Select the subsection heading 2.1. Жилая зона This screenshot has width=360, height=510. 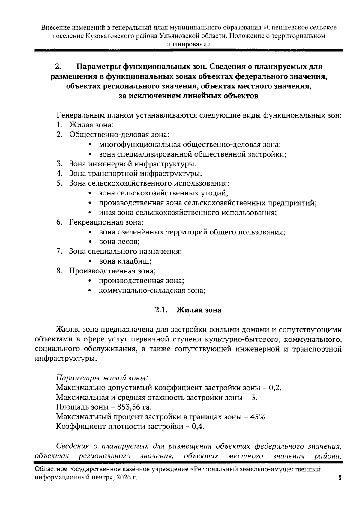188,310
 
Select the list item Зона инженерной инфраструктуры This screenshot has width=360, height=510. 133,164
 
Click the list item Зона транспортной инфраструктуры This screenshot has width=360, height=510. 135,174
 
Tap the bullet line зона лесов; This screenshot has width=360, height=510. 120,242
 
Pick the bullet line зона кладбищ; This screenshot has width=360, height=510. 125,261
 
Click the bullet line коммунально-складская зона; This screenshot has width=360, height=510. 152,290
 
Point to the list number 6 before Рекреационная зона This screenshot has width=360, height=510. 59,222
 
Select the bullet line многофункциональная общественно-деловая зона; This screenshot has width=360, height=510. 190,145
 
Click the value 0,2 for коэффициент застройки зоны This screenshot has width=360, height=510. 274,388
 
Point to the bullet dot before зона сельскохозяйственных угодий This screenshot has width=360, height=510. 90,193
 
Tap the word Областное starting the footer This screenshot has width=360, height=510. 51,470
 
